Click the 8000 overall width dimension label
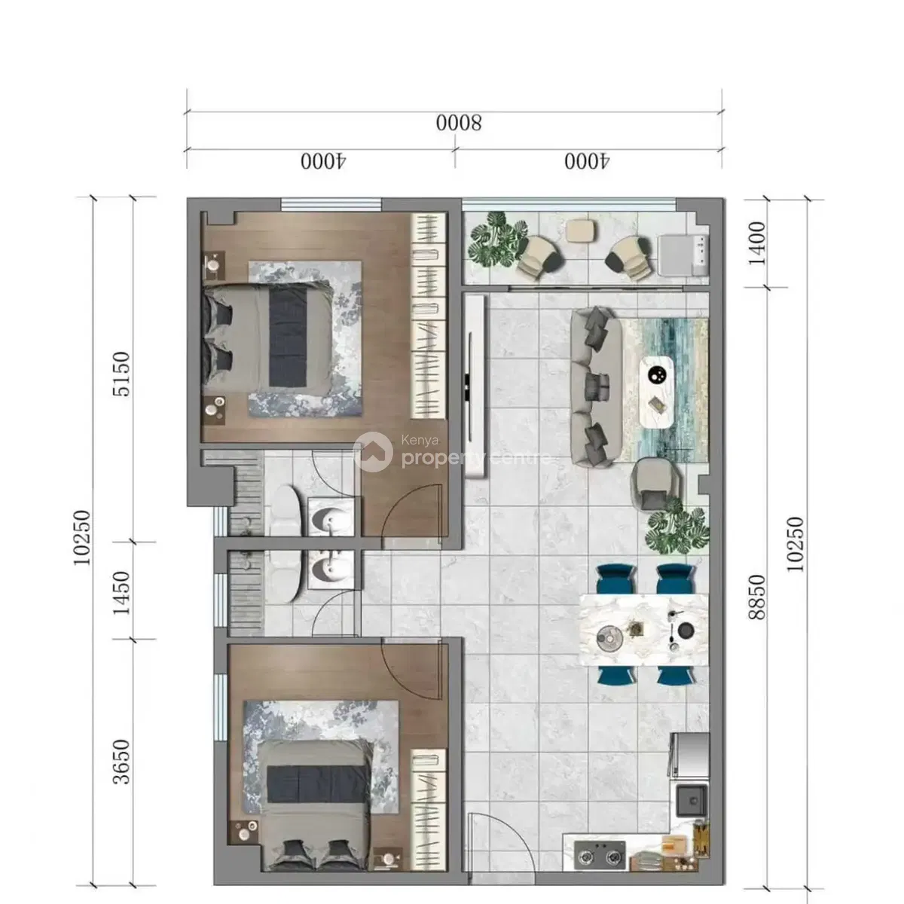pos(458,124)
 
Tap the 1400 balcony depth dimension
pos(756,243)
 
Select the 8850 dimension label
pos(756,597)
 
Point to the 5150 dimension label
pos(121,374)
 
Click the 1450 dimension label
pos(121,593)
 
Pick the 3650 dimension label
pos(121,762)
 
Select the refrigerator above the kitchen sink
pos(689,755)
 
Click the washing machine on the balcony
pos(683,255)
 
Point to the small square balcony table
pos(581,231)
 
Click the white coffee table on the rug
pos(656,392)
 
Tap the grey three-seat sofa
pos(596,387)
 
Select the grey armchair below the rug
pos(653,484)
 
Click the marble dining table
pos(643,630)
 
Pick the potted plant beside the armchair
pos(677,527)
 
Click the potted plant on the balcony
pos(498,240)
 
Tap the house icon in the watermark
pos(374,452)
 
